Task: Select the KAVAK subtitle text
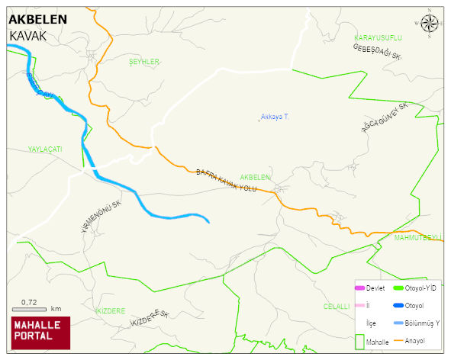[28, 36]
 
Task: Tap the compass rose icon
[430, 24]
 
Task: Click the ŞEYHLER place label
[143, 62]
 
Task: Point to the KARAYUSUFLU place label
[378, 37]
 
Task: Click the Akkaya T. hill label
[275, 117]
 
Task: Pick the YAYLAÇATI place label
[45, 149]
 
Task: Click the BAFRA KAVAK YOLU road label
[227, 181]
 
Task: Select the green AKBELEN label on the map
[256, 177]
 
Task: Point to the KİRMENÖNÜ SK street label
[101, 217]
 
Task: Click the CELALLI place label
[336, 306]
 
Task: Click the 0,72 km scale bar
[36, 309]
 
